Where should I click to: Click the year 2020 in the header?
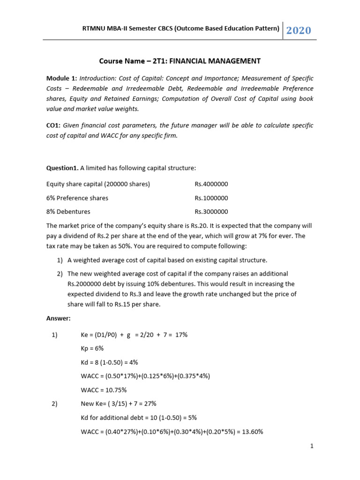299,30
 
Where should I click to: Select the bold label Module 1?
61,78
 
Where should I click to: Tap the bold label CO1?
54,126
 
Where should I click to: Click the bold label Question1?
62,169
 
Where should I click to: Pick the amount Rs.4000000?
211,184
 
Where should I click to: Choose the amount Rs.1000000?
211,198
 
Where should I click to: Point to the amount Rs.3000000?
211,211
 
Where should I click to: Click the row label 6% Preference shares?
77,198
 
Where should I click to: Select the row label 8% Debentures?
68,211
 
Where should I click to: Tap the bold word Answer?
58,318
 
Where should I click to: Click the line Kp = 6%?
92,349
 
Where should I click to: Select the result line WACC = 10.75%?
104,390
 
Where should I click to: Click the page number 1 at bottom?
311,446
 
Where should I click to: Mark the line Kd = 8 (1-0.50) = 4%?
110,362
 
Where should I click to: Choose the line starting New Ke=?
119,404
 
